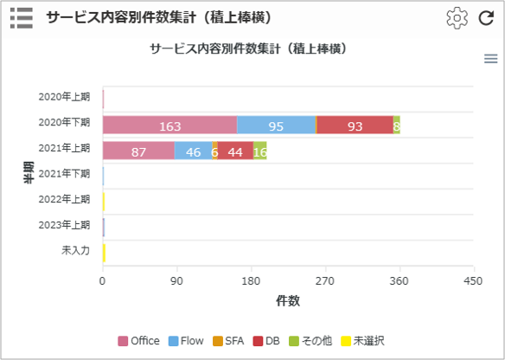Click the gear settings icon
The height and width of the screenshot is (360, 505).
point(457,18)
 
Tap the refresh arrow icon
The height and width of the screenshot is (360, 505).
point(486,18)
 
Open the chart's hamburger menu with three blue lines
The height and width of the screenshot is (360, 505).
point(491,59)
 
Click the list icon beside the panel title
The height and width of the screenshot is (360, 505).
point(22,18)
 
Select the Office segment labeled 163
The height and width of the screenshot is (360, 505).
point(170,125)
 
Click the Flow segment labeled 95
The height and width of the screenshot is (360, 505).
point(276,125)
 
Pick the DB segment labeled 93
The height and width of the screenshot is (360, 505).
point(355,125)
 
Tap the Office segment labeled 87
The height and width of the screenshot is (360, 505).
point(139,151)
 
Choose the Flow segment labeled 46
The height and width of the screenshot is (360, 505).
point(193,151)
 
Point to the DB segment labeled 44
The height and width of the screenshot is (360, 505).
point(235,151)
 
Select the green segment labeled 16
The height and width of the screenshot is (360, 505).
point(260,151)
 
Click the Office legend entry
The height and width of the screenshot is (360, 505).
point(139,341)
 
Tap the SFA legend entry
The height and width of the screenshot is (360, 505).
point(228,341)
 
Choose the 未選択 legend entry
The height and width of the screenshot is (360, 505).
point(362,341)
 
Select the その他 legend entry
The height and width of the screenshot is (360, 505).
point(310,341)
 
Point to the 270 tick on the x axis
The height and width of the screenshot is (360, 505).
point(325,281)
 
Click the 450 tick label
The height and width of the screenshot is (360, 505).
point(473,281)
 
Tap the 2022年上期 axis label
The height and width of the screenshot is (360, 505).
point(64,199)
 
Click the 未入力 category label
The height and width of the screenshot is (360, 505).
point(76,250)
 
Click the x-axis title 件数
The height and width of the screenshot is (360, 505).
point(288,300)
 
